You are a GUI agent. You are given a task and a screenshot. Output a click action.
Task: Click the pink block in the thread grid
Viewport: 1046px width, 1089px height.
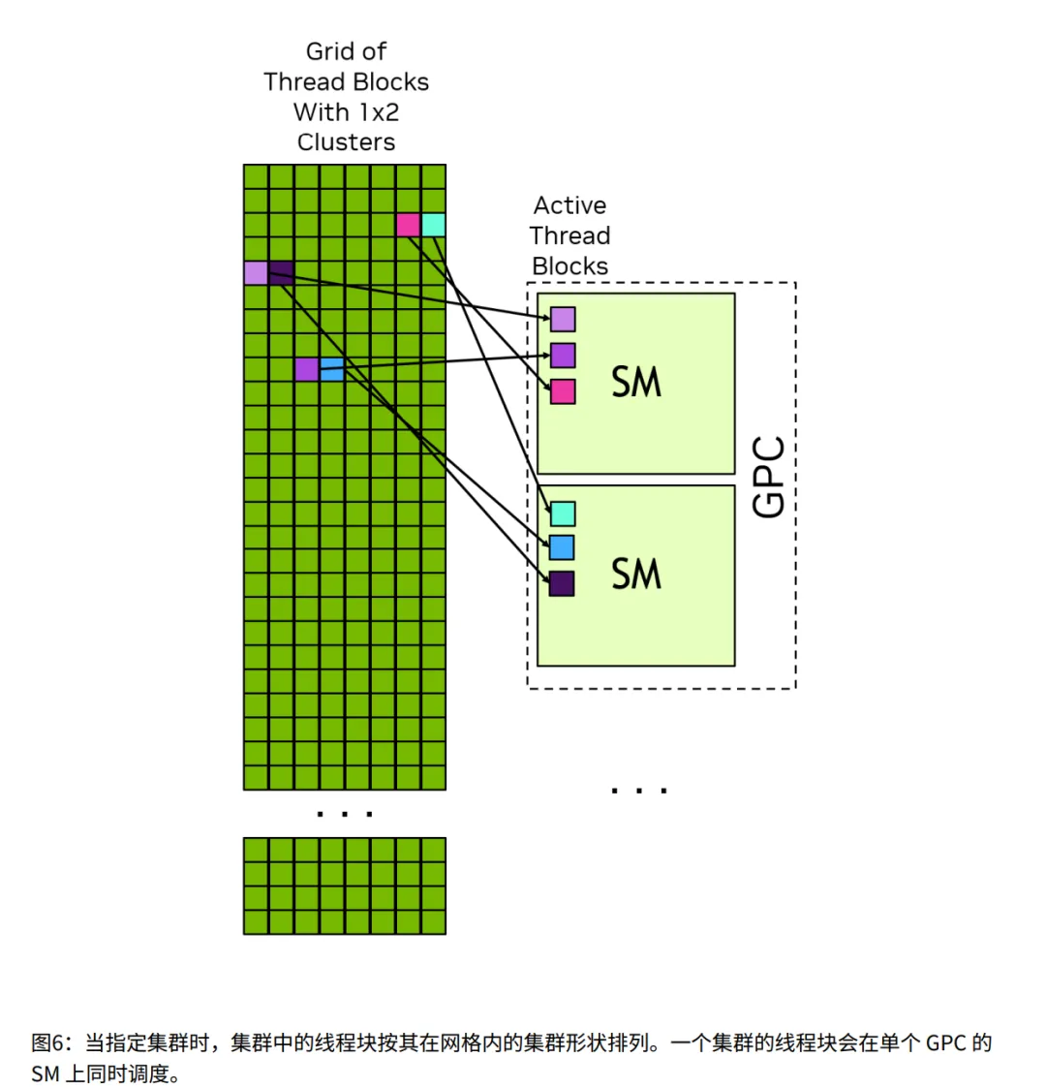[x=408, y=225]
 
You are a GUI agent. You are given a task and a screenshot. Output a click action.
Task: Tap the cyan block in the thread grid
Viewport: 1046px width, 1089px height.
[x=433, y=225]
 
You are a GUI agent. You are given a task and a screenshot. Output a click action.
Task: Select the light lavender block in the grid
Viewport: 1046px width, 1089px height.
[x=256, y=273]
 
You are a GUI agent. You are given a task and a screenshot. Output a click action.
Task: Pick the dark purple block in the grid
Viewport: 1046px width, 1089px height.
[x=281, y=273]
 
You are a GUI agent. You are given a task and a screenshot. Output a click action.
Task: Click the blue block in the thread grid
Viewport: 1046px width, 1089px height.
[x=331, y=369]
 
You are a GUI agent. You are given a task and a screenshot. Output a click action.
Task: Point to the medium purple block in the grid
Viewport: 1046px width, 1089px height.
[x=306, y=369]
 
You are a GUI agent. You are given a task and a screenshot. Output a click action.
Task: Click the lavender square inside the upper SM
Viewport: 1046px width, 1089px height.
[x=563, y=319]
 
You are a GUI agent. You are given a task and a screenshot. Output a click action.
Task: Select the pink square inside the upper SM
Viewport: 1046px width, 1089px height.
[x=563, y=391]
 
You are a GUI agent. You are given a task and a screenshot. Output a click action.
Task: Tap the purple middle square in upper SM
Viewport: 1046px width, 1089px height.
[x=563, y=355]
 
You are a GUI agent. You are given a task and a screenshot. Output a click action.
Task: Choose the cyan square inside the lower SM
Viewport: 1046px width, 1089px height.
[x=563, y=513]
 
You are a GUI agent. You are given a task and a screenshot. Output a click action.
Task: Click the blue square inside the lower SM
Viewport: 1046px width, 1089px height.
[x=563, y=547]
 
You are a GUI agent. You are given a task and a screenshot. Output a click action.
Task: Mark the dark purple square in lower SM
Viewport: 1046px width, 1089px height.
[x=563, y=583]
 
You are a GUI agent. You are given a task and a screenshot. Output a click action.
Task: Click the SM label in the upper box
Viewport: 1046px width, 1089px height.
[x=636, y=382]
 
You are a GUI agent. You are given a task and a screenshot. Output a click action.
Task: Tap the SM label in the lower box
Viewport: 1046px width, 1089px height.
[x=636, y=574]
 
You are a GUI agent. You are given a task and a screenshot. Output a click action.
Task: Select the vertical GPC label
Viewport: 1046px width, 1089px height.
[x=769, y=477]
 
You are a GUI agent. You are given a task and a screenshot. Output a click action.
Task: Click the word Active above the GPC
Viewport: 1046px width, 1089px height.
[x=569, y=205]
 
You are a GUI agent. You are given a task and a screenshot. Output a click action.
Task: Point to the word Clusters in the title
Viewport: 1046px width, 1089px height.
[x=346, y=142]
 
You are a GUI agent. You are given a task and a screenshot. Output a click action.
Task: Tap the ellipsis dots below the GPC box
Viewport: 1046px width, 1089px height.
[x=639, y=791]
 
